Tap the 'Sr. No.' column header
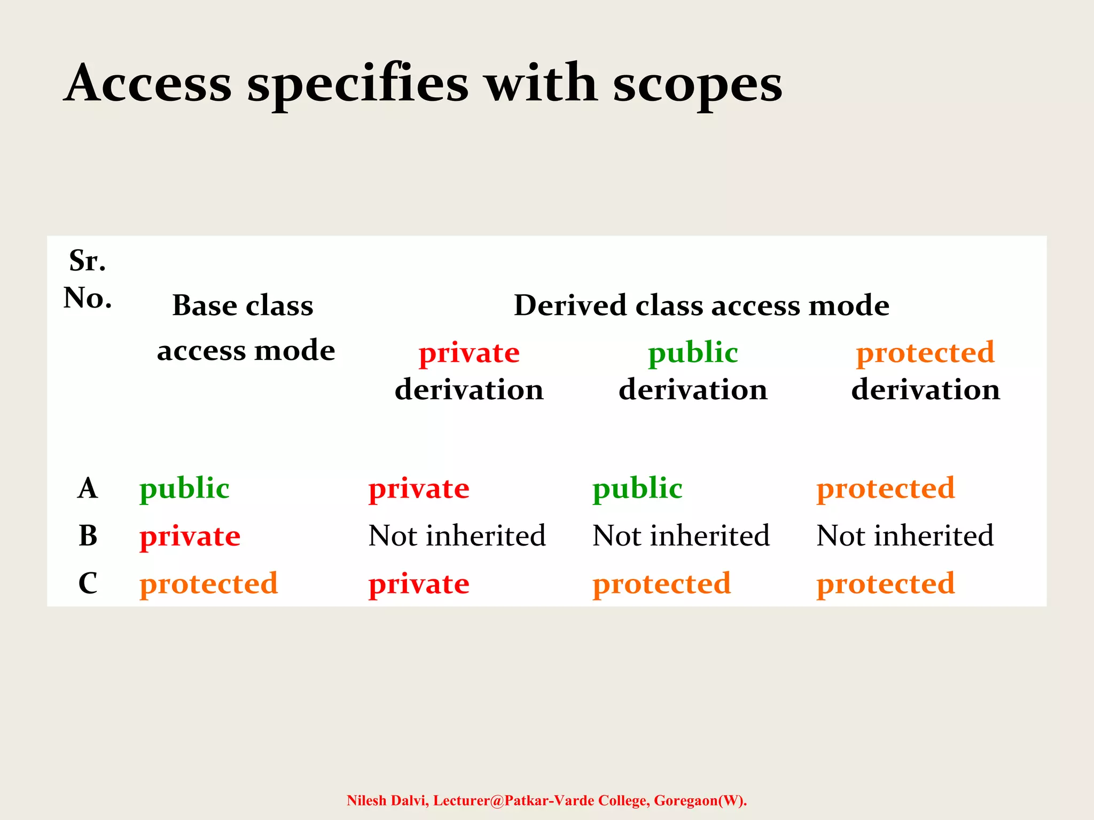88,279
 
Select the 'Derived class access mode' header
701,305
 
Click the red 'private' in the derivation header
469,353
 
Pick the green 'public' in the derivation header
693,353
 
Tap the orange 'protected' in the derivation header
925,353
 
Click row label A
88,488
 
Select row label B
88,535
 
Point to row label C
88,583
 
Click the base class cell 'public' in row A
184,488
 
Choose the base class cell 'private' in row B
190,536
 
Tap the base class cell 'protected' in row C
209,584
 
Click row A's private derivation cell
419,488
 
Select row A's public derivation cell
637,488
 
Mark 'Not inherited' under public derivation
681,535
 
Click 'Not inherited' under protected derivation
905,535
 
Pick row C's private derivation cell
419,584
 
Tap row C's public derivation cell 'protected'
661,584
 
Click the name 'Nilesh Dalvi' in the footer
387,801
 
